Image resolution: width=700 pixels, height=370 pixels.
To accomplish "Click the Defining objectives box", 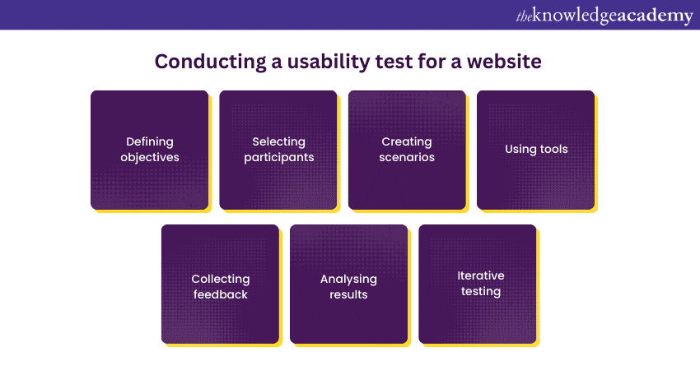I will [x=149, y=149].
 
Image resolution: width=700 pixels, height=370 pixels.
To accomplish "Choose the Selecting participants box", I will [x=278, y=149].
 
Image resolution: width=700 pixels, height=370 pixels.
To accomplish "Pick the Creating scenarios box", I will [x=407, y=149].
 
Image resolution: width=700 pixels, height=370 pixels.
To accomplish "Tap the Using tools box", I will [x=536, y=149].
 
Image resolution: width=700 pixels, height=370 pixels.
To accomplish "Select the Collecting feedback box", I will [x=220, y=284].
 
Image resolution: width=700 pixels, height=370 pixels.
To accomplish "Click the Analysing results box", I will [x=348, y=284].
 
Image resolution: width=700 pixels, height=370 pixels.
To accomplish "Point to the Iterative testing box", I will [x=478, y=284].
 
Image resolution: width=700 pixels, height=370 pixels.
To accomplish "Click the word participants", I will [x=278, y=157].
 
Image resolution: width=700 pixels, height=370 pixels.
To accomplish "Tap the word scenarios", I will [x=407, y=157].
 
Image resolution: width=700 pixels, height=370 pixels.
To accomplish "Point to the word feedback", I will [x=220, y=294].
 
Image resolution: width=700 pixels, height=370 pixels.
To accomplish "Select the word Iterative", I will [x=481, y=275].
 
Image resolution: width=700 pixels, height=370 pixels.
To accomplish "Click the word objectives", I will [x=150, y=157].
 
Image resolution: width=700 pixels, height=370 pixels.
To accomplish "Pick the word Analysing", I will [x=348, y=279].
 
